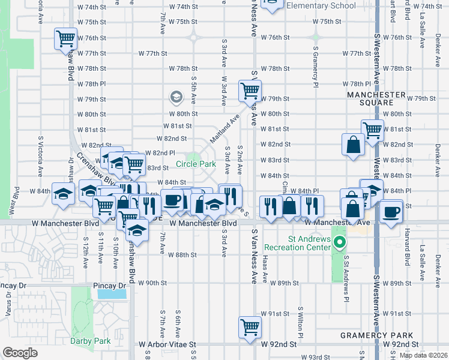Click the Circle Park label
click(196, 164)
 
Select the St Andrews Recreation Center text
click(309, 242)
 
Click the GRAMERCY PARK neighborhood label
click(376, 335)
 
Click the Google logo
click(20, 352)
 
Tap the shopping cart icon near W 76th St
click(65, 39)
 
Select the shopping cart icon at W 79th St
click(250, 91)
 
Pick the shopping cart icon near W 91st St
click(250, 328)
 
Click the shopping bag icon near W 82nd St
click(352, 144)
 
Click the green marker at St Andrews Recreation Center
click(340, 243)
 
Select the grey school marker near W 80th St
click(176, 97)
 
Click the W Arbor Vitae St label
click(167, 345)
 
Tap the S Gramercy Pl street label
click(315, 67)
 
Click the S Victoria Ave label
click(40, 151)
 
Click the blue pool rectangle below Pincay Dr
click(112, 294)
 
